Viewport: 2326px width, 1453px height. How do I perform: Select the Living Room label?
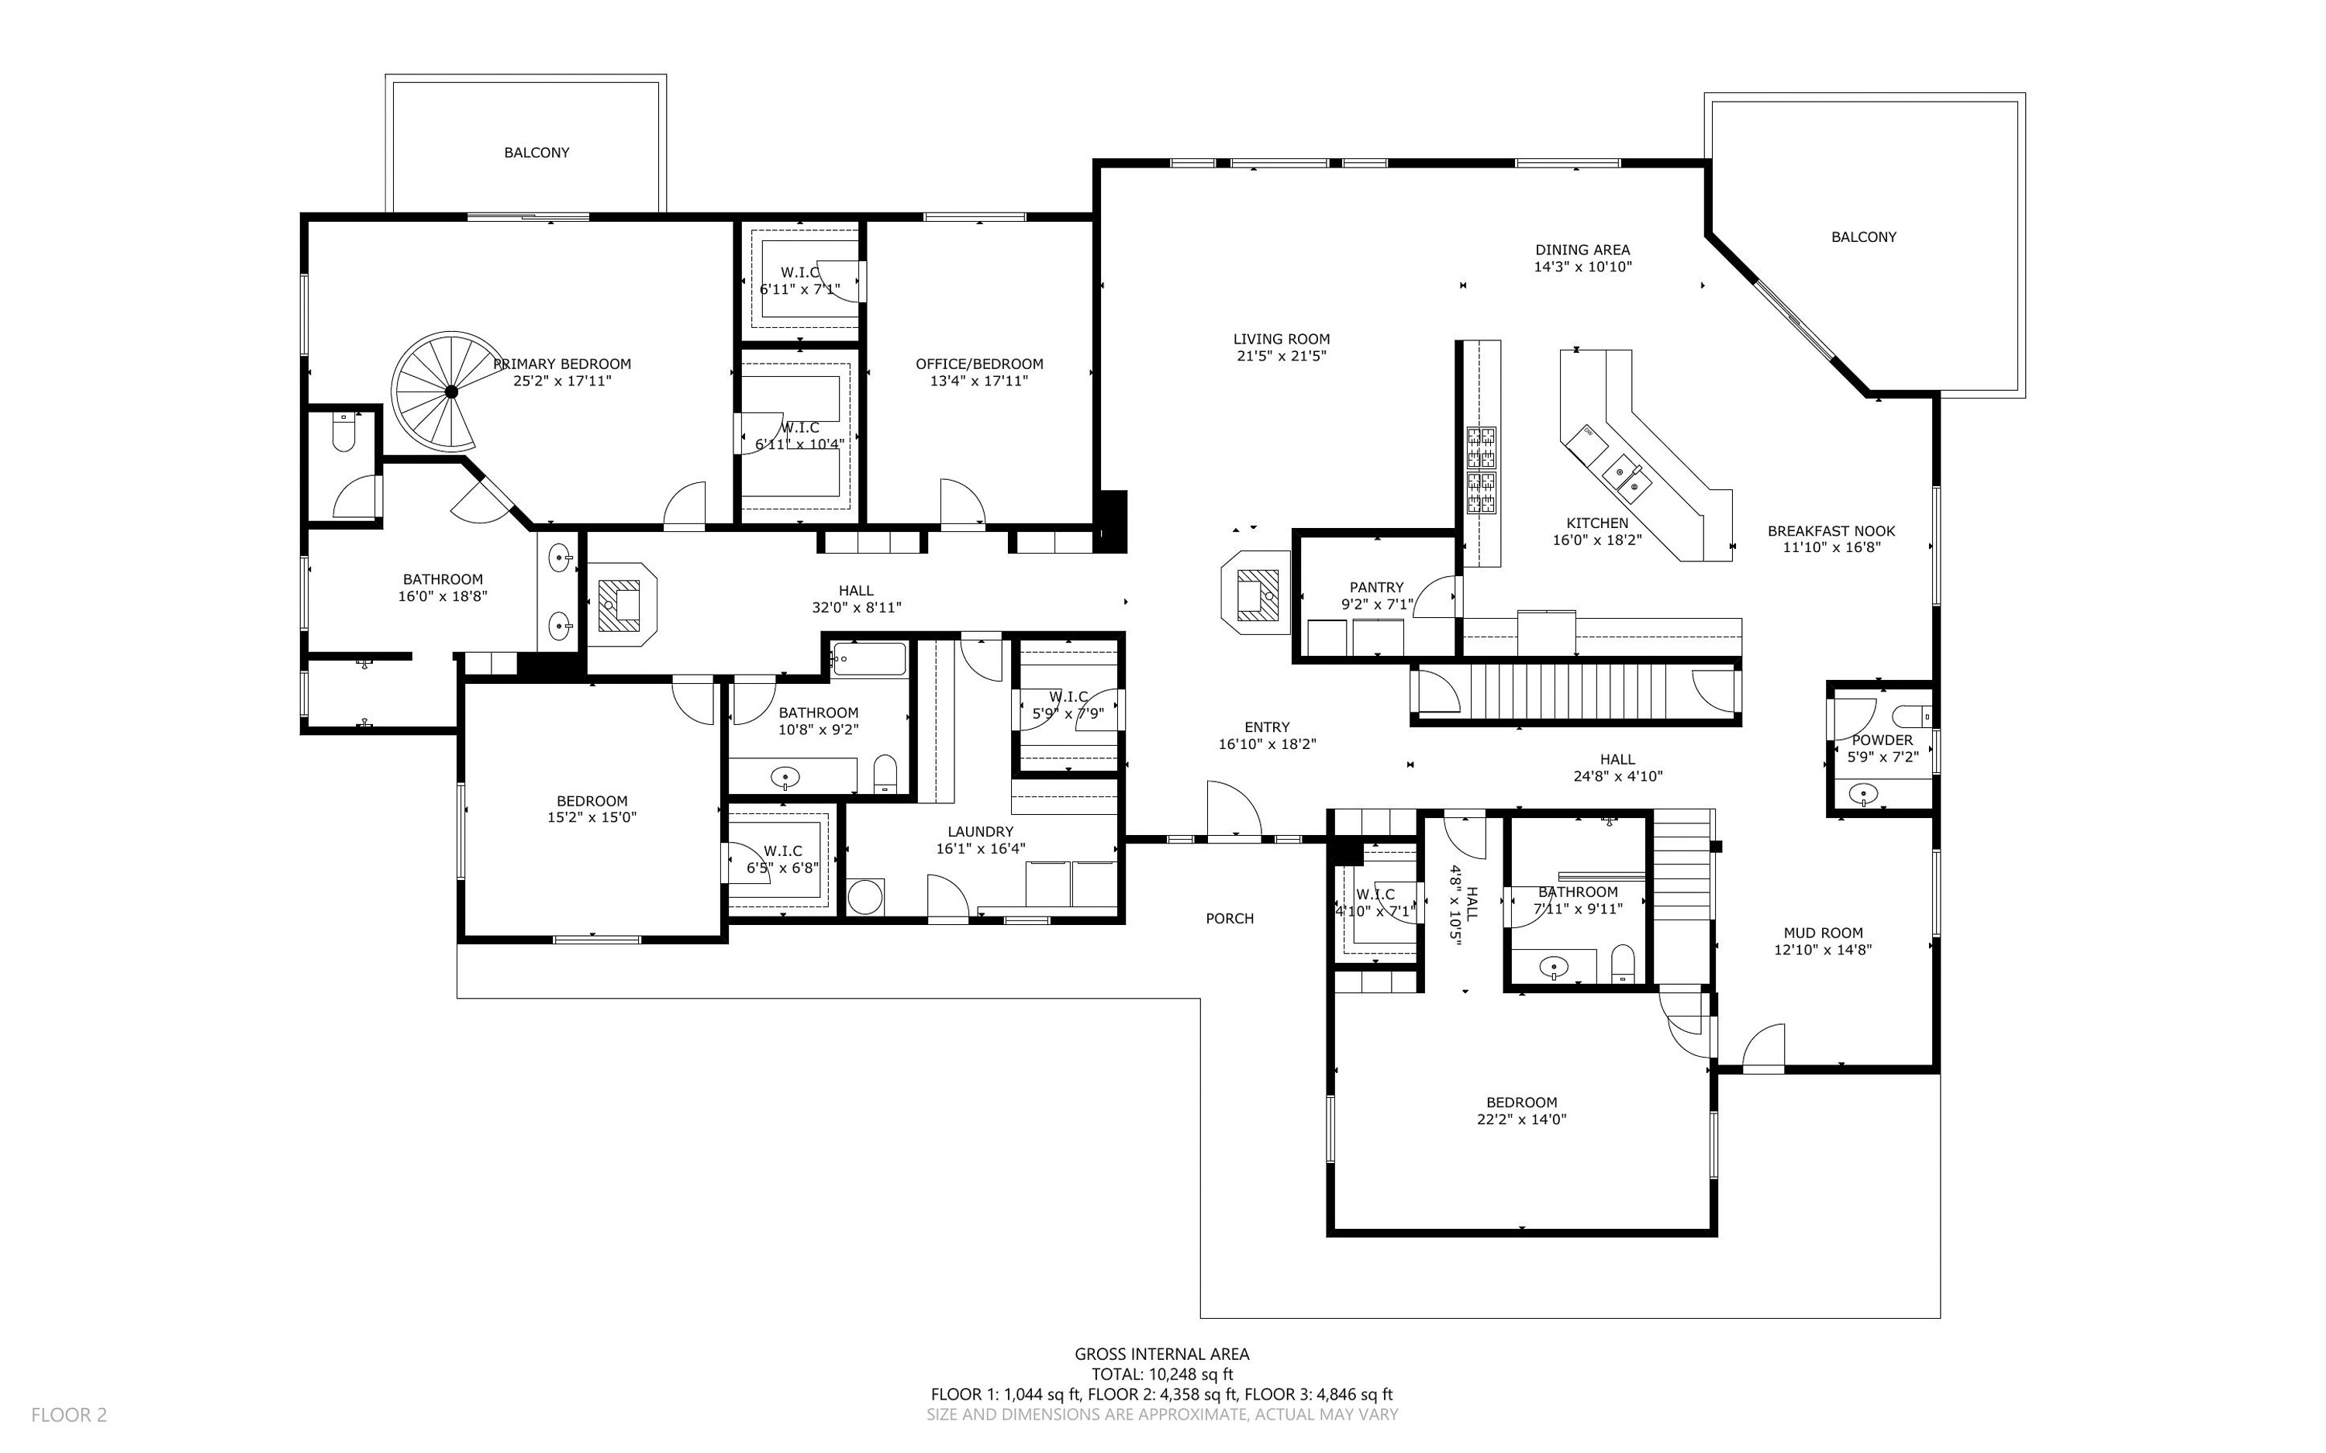pyautogui.click(x=1281, y=340)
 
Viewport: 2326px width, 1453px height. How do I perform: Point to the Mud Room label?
pyautogui.click(x=1823, y=932)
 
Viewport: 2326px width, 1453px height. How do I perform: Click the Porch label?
pyautogui.click(x=1230, y=919)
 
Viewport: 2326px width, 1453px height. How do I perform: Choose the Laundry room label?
pyautogui.click(x=980, y=832)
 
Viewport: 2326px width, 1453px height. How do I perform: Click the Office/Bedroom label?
pyautogui.click(x=979, y=364)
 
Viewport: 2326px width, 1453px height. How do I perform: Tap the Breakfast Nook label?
pyautogui.click(x=1831, y=531)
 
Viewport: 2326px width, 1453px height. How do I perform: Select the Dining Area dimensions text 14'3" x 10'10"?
pyautogui.click(x=1582, y=267)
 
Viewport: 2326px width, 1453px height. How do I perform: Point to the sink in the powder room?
pyautogui.click(x=1864, y=794)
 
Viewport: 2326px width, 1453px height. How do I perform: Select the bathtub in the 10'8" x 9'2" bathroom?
pyautogui.click(x=869, y=659)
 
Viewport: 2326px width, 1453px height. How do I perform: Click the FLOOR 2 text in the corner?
pyautogui.click(x=69, y=1414)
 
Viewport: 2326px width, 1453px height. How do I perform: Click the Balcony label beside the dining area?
pyautogui.click(x=1863, y=237)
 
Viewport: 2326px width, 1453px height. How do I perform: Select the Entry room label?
pyautogui.click(x=1267, y=727)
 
